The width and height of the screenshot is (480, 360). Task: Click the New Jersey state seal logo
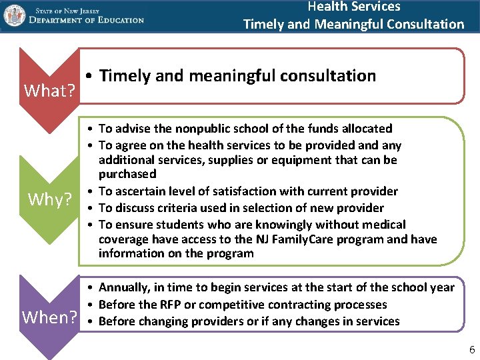[x=14, y=15]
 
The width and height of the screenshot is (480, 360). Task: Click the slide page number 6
[x=472, y=350]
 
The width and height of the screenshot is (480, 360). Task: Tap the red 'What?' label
[x=49, y=90]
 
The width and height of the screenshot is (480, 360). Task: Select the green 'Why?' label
[x=50, y=199]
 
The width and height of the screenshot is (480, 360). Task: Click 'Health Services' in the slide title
[x=353, y=7]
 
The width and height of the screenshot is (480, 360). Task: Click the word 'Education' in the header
[x=117, y=20]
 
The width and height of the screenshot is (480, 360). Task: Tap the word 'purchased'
[x=127, y=174]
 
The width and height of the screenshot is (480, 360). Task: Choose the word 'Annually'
[x=124, y=288]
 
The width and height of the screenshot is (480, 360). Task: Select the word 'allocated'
[x=368, y=129]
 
